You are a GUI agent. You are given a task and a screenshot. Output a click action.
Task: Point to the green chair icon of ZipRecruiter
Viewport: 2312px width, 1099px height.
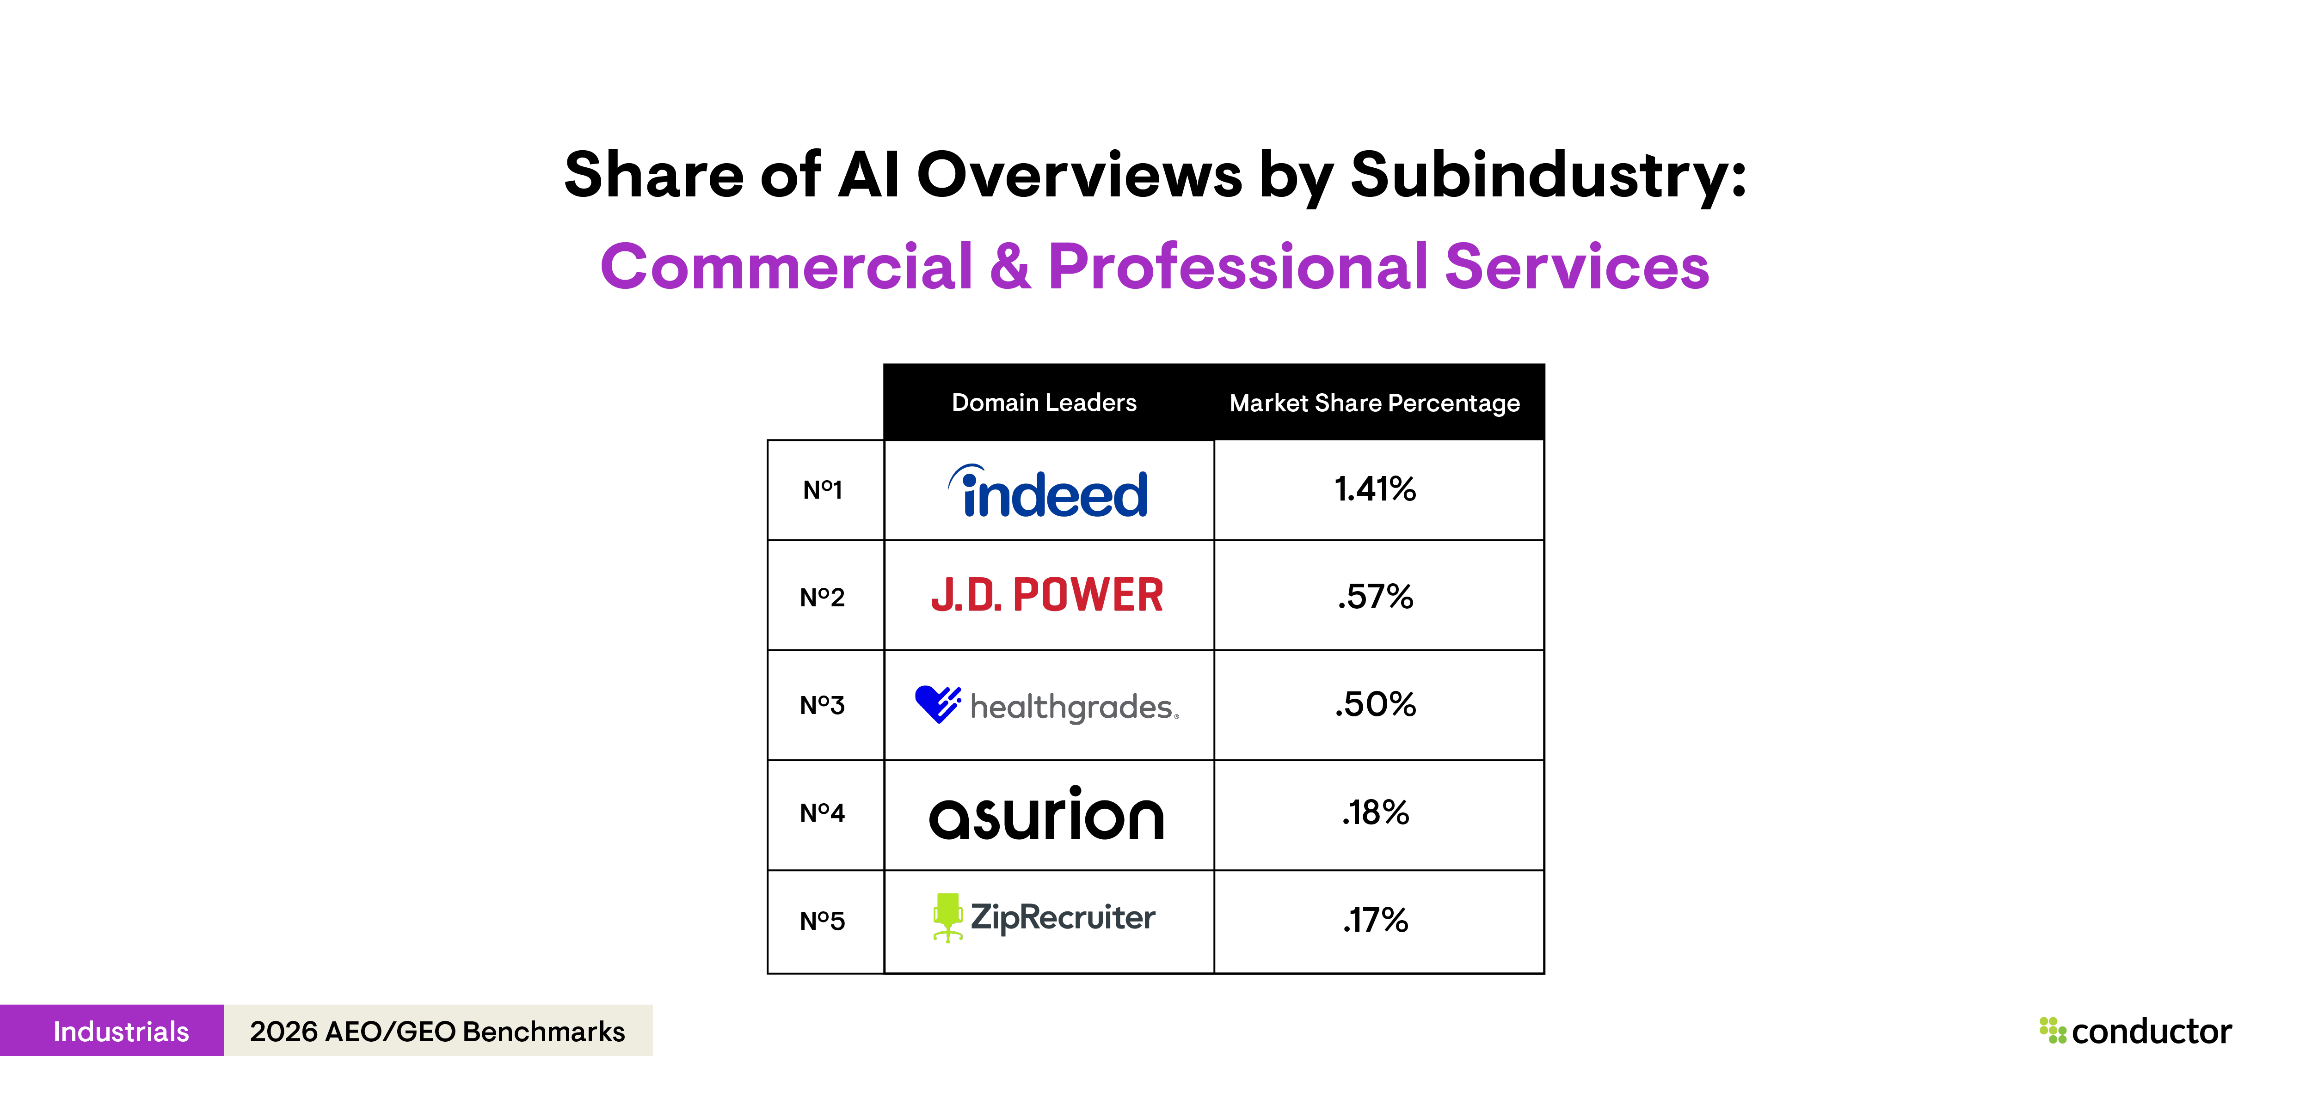pyautogui.click(x=947, y=917)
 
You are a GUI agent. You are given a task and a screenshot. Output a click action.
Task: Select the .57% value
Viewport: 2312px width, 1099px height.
pyautogui.click(x=1375, y=597)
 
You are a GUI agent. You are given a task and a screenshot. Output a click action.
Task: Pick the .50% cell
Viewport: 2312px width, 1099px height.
pyautogui.click(x=1375, y=704)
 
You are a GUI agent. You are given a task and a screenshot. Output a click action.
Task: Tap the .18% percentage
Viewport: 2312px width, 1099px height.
pyautogui.click(x=1375, y=813)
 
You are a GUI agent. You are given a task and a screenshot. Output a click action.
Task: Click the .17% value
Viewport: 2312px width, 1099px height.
pyautogui.click(x=1375, y=921)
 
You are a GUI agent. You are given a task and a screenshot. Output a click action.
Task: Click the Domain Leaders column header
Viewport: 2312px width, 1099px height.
pyautogui.click(x=1044, y=403)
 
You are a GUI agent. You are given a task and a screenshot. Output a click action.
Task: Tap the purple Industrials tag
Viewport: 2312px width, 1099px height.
pyautogui.click(x=120, y=1031)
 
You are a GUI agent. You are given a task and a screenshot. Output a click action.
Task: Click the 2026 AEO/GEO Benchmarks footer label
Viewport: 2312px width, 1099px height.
pyautogui.click(x=437, y=1031)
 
